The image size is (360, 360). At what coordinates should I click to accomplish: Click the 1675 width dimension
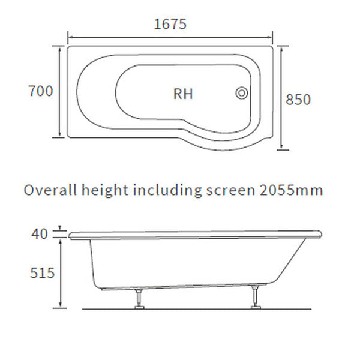(170, 24)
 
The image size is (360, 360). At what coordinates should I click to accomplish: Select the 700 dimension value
(41, 91)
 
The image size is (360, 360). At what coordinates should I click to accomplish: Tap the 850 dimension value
(299, 99)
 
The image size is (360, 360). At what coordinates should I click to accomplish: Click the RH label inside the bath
(183, 94)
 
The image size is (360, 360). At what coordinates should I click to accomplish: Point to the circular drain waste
(242, 93)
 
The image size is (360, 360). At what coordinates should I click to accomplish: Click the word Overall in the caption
(49, 190)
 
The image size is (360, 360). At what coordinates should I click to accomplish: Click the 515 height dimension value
(42, 273)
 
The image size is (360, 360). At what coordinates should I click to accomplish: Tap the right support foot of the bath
(256, 299)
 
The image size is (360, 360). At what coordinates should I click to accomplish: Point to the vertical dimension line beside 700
(59, 91)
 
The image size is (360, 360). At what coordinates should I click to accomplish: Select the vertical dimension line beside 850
(281, 99)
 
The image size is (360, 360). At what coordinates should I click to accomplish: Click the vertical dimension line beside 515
(60, 273)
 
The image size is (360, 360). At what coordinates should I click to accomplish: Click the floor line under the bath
(198, 308)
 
